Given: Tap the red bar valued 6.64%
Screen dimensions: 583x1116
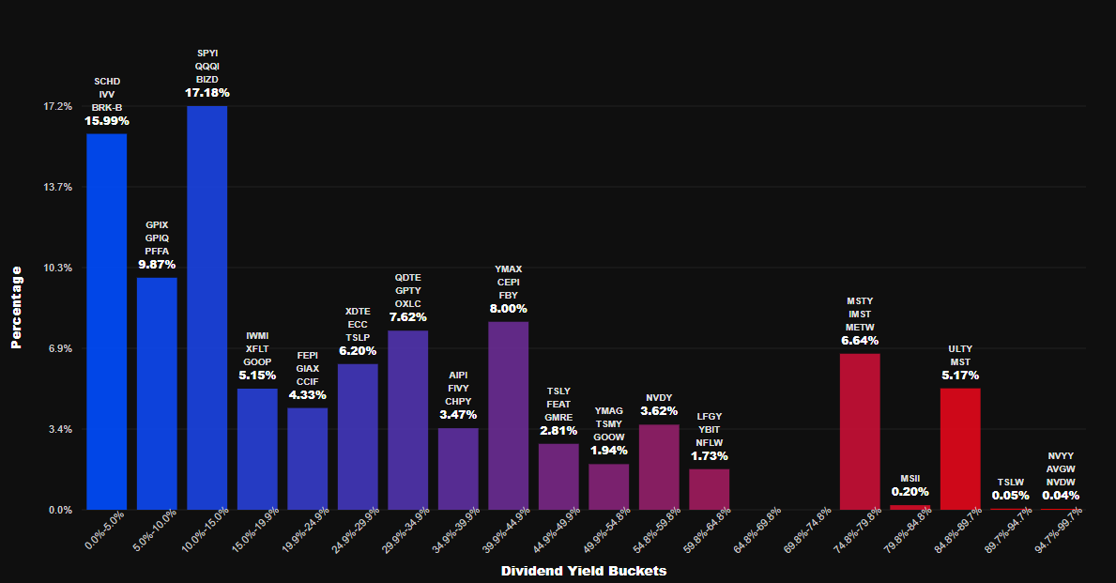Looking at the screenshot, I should point(860,432).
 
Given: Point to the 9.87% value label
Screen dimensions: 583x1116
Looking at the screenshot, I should point(157,265).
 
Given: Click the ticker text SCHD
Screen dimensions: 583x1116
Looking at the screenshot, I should point(107,82).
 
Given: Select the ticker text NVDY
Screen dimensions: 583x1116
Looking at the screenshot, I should point(659,397).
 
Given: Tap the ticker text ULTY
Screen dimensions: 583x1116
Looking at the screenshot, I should point(960,347).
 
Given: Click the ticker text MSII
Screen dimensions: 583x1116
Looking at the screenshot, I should point(910,478).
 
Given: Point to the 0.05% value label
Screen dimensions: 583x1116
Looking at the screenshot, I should point(1010,495).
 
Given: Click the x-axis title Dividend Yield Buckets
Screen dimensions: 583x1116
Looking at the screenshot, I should point(584,571).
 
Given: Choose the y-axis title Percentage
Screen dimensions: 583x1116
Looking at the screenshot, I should point(16,307).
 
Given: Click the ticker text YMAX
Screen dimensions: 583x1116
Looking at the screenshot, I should point(508,269).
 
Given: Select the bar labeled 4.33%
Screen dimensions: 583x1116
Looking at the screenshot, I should point(307,459).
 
